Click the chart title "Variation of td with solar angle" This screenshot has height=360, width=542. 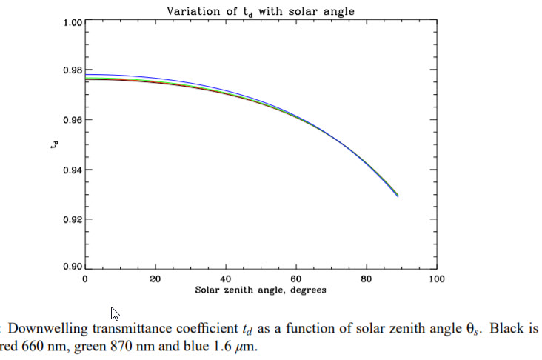(261, 10)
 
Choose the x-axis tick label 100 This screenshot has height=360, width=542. (437, 280)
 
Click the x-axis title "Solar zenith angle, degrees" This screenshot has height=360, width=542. (260, 290)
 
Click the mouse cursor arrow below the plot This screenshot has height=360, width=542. (116, 313)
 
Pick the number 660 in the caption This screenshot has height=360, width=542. (37, 346)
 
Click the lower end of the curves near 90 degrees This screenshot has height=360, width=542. (398, 196)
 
